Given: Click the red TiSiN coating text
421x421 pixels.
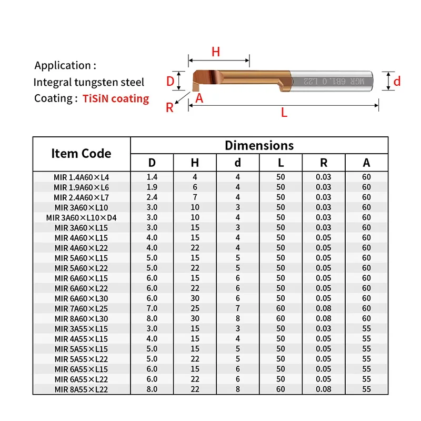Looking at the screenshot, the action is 116,98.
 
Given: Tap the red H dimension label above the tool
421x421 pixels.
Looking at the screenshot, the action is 215,52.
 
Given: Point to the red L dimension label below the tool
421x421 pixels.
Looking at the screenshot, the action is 284,113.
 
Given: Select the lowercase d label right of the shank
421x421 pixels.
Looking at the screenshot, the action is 397,81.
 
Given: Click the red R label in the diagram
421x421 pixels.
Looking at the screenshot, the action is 169,108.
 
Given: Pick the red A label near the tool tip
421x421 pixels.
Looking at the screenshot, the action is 199,98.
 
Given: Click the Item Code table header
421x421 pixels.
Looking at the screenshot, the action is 81,154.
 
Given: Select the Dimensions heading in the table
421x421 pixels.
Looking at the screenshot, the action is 259,145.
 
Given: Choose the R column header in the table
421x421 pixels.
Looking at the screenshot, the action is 324,163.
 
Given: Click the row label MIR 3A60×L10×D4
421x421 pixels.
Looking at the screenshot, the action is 81,217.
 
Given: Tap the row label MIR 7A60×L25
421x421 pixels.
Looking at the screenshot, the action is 81,308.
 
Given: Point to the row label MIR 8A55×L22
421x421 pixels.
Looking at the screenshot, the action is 81,389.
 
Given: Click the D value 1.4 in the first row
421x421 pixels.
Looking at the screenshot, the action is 152,177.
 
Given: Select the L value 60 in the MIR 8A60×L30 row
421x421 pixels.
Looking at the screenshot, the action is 280,318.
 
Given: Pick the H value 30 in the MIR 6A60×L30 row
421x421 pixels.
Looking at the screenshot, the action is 195,298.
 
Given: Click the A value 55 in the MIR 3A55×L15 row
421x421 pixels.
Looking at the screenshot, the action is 366,328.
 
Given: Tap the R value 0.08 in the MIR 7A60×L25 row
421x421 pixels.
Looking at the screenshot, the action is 324,308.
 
